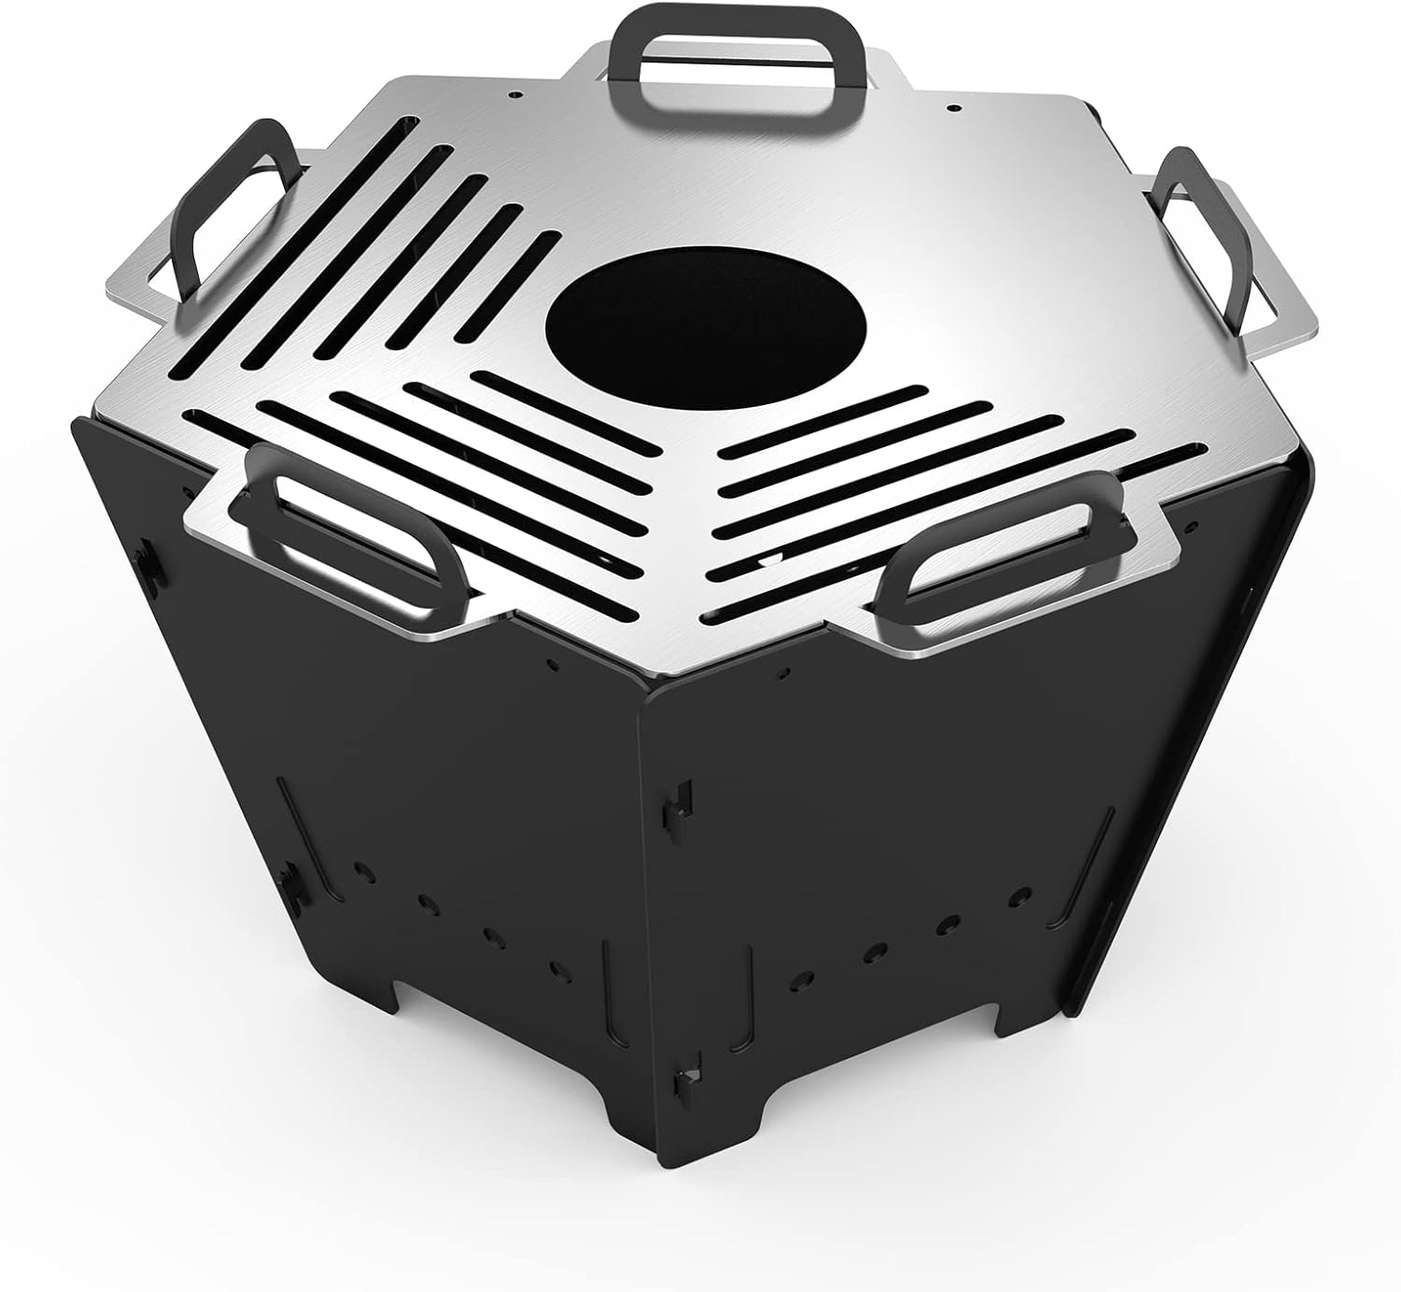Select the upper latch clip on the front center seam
point(681,796)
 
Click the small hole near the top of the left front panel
point(555,667)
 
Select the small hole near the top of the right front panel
point(782,670)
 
